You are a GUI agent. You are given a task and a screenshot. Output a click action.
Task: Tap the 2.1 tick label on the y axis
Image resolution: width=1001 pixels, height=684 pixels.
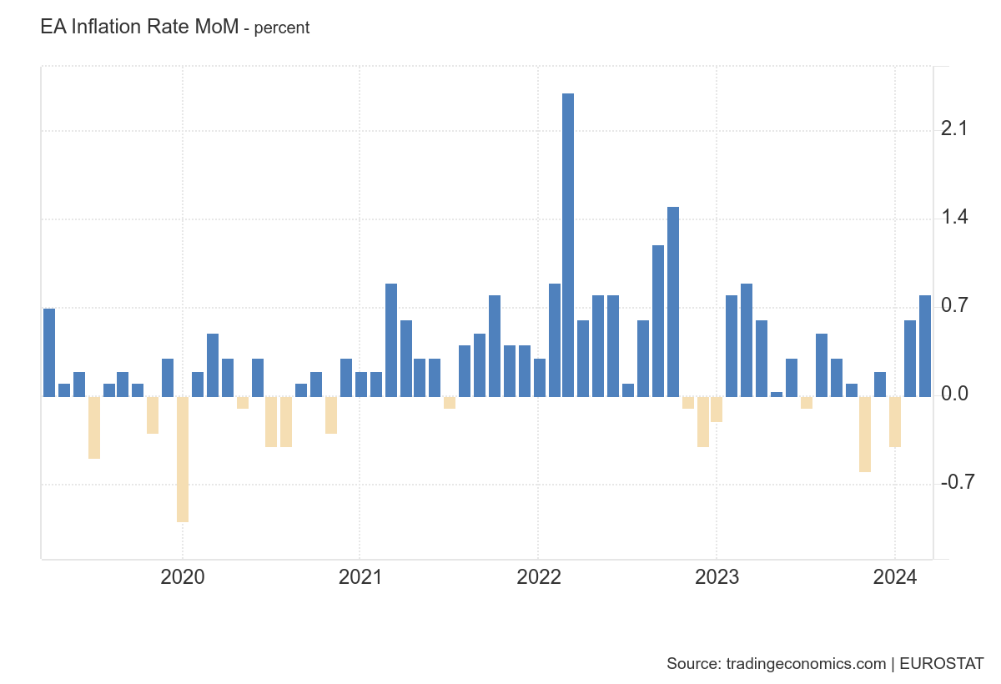[954, 129]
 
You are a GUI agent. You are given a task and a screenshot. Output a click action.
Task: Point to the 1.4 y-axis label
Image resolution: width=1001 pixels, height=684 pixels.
[954, 218]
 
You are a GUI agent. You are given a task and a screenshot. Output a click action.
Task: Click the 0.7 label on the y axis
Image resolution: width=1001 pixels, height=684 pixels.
[954, 306]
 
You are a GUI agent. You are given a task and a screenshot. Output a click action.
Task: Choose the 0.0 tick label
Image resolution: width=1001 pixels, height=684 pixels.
[954, 395]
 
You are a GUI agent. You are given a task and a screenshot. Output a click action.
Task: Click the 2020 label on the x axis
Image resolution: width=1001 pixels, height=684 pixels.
[183, 577]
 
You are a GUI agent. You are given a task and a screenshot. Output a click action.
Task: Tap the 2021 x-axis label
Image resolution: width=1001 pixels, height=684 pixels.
[360, 577]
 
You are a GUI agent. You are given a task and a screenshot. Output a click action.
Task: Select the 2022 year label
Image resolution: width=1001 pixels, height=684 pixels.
[538, 577]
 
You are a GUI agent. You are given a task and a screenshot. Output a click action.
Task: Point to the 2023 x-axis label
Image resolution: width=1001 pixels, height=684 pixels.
[717, 577]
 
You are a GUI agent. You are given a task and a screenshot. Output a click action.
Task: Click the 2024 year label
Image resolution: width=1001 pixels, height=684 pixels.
[894, 577]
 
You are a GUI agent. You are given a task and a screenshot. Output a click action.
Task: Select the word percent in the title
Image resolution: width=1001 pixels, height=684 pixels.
[282, 28]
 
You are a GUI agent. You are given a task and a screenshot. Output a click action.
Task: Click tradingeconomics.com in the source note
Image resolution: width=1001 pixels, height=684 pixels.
[806, 664]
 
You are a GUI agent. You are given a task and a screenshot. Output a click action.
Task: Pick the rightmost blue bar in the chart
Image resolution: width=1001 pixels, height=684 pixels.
[925, 345]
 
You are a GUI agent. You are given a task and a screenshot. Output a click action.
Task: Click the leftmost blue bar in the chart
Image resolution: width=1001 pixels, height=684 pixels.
[49, 352]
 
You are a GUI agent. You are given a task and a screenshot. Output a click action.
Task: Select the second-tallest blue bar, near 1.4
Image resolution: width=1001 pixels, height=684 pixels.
[673, 301]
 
